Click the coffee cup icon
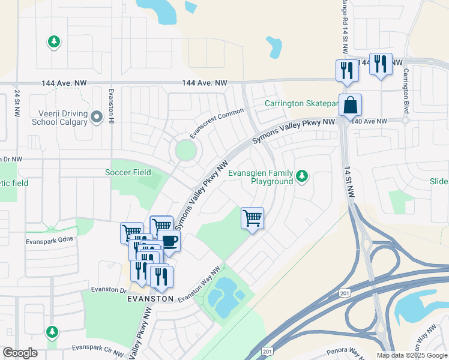coord(170,241)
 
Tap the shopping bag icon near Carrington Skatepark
coord(350,106)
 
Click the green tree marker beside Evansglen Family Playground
coord(303,176)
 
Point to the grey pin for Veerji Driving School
coord(97,118)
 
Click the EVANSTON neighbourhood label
coord(150,298)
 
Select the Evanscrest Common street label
coord(217,123)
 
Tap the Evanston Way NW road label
coord(199,284)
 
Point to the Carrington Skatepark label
coord(302,104)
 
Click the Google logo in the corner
coord(20,353)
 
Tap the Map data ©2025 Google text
coord(411,355)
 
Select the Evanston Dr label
coord(109,289)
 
